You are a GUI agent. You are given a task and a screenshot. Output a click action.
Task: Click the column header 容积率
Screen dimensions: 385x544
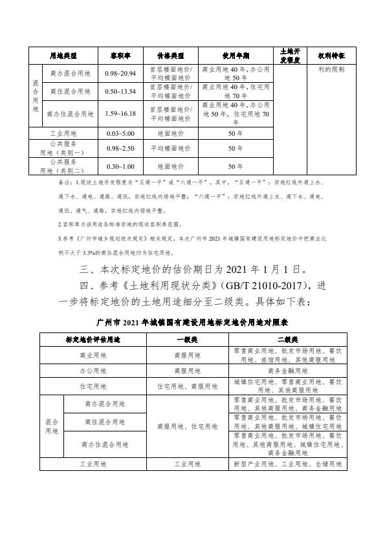[x=120, y=54]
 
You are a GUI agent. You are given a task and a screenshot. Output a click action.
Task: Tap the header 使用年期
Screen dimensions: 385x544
[x=236, y=54]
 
